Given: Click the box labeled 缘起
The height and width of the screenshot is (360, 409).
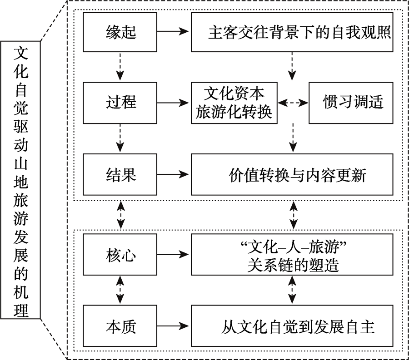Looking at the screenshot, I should [120, 32].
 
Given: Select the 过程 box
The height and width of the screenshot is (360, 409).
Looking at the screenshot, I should [120, 102].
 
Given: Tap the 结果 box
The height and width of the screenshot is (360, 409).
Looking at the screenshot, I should [120, 173].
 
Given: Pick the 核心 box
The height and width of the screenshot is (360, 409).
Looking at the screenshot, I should [120, 256].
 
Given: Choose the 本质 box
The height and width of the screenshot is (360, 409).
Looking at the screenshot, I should [120, 326].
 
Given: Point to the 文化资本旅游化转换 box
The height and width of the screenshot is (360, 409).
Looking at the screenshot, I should [234, 103].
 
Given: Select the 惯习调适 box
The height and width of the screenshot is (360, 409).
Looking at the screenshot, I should [350, 103].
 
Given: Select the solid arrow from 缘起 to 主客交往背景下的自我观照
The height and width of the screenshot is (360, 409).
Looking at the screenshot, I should [173, 32].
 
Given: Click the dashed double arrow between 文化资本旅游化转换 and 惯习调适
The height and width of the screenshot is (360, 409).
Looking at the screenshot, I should [293, 103].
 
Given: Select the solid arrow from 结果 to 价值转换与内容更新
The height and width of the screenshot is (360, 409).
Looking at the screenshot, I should [173, 173].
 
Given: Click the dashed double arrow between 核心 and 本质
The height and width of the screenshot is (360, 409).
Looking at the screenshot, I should [120, 291].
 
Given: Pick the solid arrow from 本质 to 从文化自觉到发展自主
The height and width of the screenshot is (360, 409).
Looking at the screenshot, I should [173, 326].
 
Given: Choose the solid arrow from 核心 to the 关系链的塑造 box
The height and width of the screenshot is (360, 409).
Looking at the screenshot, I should [173, 256].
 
